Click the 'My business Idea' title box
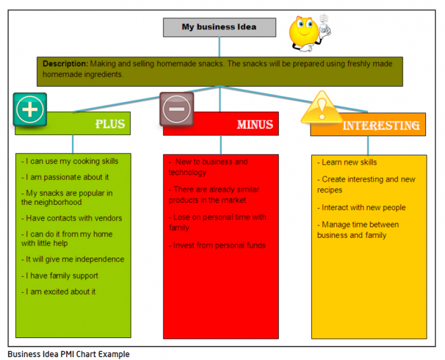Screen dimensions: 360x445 click(x=218, y=27)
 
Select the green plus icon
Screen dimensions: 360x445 click(x=30, y=109)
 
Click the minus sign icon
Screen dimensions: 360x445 click(x=177, y=109)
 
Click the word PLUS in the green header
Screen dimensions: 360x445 click(x=110, y=124)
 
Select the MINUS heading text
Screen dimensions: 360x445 click(x=254, y=124)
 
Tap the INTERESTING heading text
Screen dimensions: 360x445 click(x=381, y=125)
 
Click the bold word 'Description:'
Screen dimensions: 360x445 click(x=65, y=64)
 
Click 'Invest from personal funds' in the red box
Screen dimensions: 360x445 click(x=217, y=245)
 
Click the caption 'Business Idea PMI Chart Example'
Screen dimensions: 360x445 click(x=68, y=354)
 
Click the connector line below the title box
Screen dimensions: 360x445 click(x=219, y=46)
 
